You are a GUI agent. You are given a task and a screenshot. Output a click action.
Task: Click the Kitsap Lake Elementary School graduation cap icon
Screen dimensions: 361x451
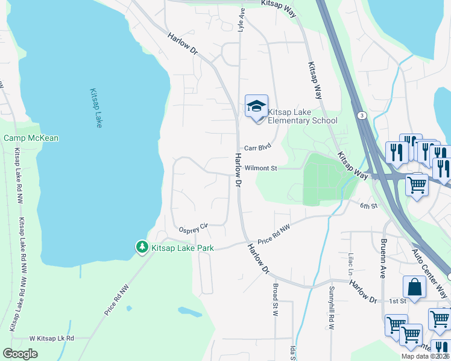(x=256, y=106)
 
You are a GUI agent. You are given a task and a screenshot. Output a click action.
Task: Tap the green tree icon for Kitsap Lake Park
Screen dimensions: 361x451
(x=142, y=247)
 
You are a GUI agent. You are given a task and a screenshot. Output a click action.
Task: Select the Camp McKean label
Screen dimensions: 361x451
(x=31, y=138)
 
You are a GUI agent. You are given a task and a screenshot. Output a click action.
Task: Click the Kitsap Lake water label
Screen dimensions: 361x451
(x=96, y=108)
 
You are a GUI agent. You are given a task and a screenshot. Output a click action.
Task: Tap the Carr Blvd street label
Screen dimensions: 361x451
(x=257, y=147)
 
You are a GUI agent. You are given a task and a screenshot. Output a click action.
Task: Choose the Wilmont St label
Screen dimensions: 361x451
(x=261, y=169)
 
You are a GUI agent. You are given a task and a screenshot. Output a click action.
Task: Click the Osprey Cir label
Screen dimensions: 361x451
(x=193, y=228)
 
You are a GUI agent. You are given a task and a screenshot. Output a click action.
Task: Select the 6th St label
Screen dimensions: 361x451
(x=368, y=206)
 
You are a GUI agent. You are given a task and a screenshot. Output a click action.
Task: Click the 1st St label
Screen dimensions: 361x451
(x=397, y=301)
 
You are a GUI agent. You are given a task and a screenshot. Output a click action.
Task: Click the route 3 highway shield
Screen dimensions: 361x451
(x=361, y=115)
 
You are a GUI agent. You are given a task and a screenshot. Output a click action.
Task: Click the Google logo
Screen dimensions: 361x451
(x=20, y=354)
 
